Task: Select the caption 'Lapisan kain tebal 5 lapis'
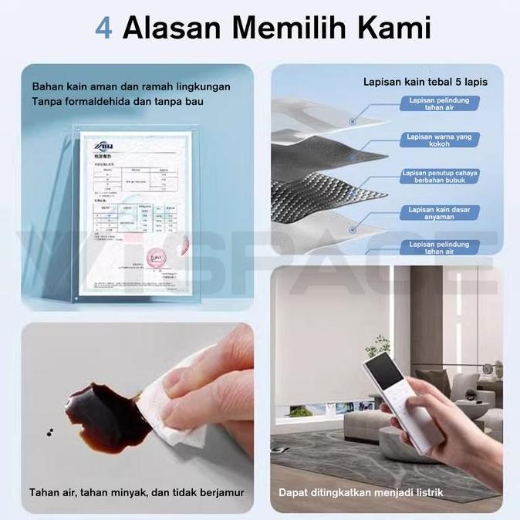pyautogui.click(x=425, y=81)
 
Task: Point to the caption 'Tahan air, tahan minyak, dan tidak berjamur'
pyautogui.click(x=137, y=491)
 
